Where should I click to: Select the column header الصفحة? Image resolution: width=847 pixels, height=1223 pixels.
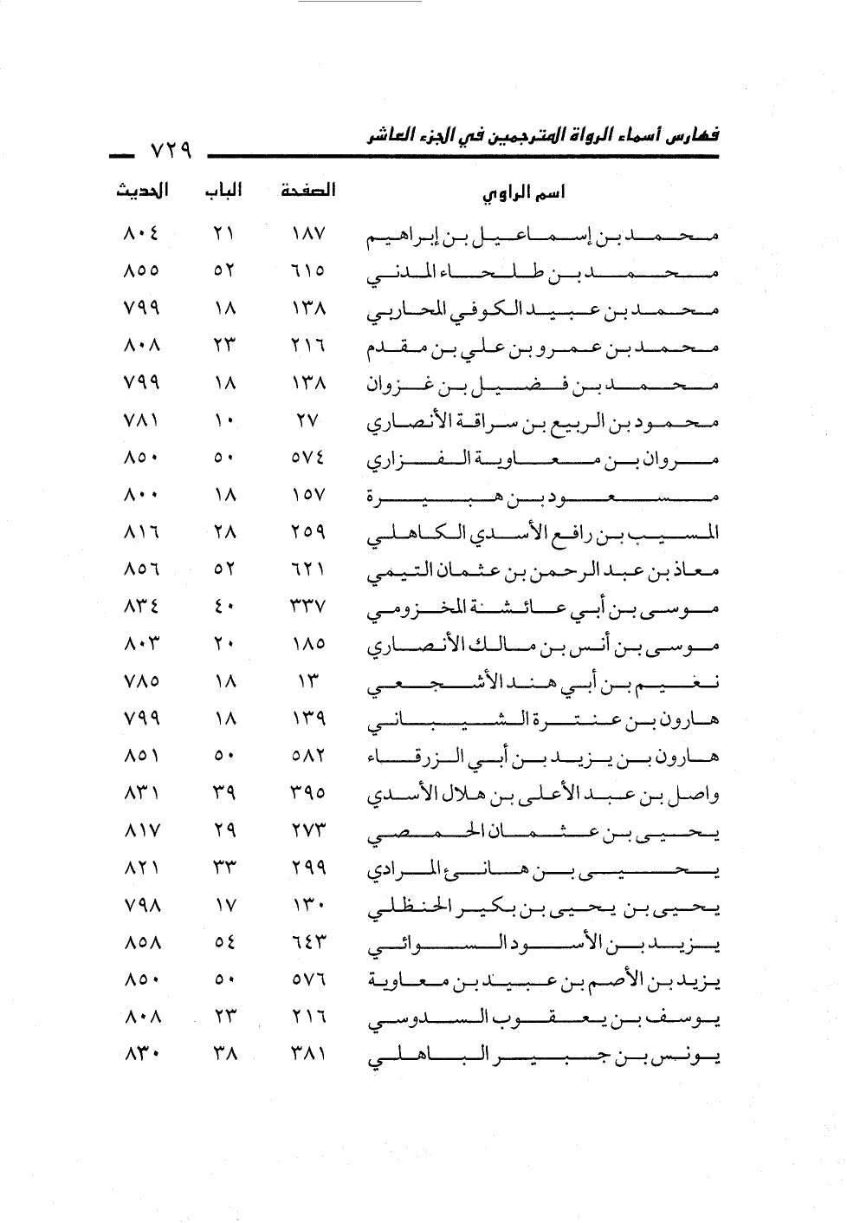(308, 191)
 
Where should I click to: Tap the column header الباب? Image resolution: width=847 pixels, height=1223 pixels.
(223, 191)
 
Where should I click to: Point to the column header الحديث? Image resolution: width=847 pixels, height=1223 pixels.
(142, 191)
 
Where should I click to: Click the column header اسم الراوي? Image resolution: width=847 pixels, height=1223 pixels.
(523, 193)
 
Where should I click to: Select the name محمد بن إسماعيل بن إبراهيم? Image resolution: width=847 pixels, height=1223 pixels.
(543, 236)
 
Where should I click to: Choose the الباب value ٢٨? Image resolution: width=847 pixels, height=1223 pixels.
(223, 533)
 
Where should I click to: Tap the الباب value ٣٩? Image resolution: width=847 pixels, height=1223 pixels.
(223, 794)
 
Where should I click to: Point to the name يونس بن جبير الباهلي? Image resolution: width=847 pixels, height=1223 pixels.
(543, 1057)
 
